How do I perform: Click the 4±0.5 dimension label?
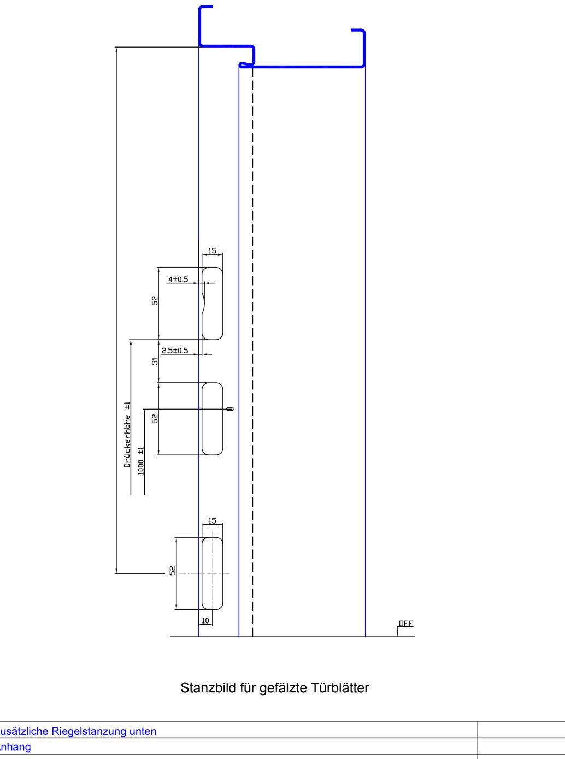(x=178, y=280)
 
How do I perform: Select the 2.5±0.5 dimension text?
(x=174, y=351)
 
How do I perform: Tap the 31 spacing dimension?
(x=155, y=361)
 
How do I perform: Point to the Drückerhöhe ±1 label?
(x=127, y=435)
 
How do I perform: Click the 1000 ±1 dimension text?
(x=141, y=461)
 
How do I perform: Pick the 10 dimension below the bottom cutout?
(x=205, y=621)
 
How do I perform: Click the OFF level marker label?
(x=406, y=624)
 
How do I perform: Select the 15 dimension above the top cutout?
(x=212, y=251)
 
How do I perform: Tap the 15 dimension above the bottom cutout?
(x=212, y=521)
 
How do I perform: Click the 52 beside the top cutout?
(x=155, y=300)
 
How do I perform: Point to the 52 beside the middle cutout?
(x=155, y=418)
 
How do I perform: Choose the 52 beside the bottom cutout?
(x=173, y=570)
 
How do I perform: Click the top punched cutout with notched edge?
(x=213, y=304)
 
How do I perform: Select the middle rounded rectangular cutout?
(x=213, y=419)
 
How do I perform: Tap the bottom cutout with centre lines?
(x=213, y=573)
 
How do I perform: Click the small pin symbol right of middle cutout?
(x=229, y=409)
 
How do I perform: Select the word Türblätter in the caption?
(x=340, y=688)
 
